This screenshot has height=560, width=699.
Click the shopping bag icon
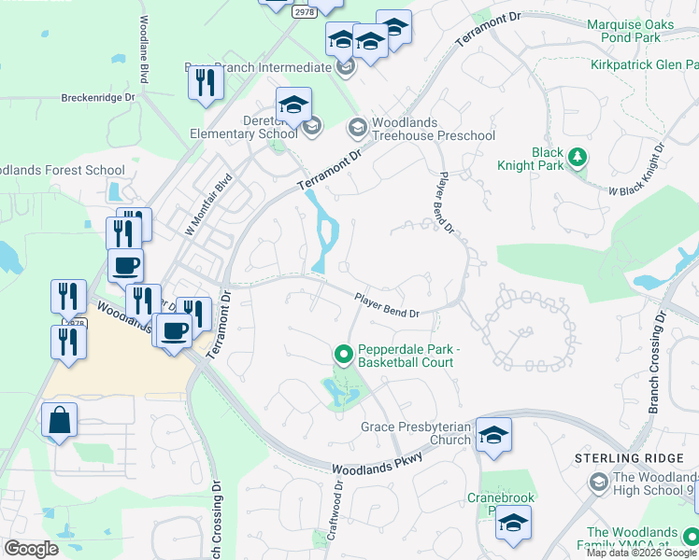[x=59, y=421]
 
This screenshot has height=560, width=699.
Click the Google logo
[x=31, y=549]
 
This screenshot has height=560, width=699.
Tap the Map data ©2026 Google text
[x=641, y=553]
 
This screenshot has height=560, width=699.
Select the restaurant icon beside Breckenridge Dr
[x=205, y=83]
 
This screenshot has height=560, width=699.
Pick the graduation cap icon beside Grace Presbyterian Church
[x=493, y=434]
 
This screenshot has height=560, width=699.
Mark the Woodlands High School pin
[x=599, y=482]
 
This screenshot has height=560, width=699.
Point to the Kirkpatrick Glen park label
[x=644, y=65]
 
